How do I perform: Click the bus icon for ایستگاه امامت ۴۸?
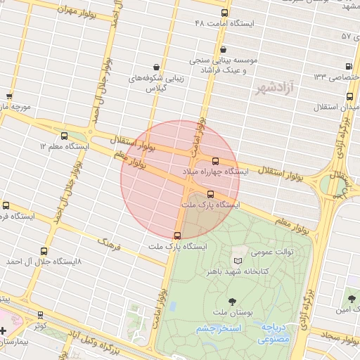point(224,13)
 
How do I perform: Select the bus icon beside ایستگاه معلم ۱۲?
point(65,136)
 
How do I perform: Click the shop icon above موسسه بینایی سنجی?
point(224,50)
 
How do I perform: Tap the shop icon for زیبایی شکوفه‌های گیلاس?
point(145,68)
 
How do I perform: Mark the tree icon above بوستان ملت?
point(224,301)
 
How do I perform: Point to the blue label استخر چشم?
point(219,328)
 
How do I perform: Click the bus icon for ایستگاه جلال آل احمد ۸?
point(44,251)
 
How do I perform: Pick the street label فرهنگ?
point(109,245)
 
